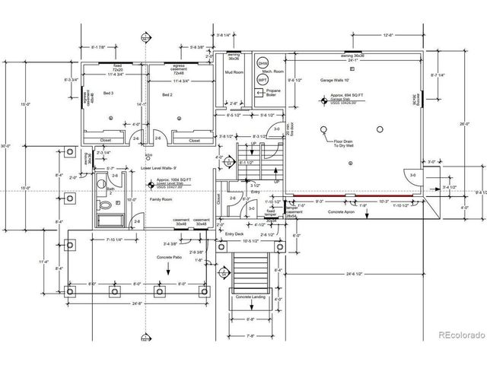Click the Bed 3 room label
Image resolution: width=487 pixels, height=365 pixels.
[107, 94]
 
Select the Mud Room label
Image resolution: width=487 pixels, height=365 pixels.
[234, 73]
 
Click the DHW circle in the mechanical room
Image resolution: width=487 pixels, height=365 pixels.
[263, 63]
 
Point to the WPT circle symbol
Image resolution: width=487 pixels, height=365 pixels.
[263, 78]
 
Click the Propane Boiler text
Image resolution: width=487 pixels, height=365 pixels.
[272, 93]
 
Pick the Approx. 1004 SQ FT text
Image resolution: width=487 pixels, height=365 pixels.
[174, 181]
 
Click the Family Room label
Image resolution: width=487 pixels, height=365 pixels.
[161, 198]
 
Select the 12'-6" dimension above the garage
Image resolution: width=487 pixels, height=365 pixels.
[387, 34]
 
